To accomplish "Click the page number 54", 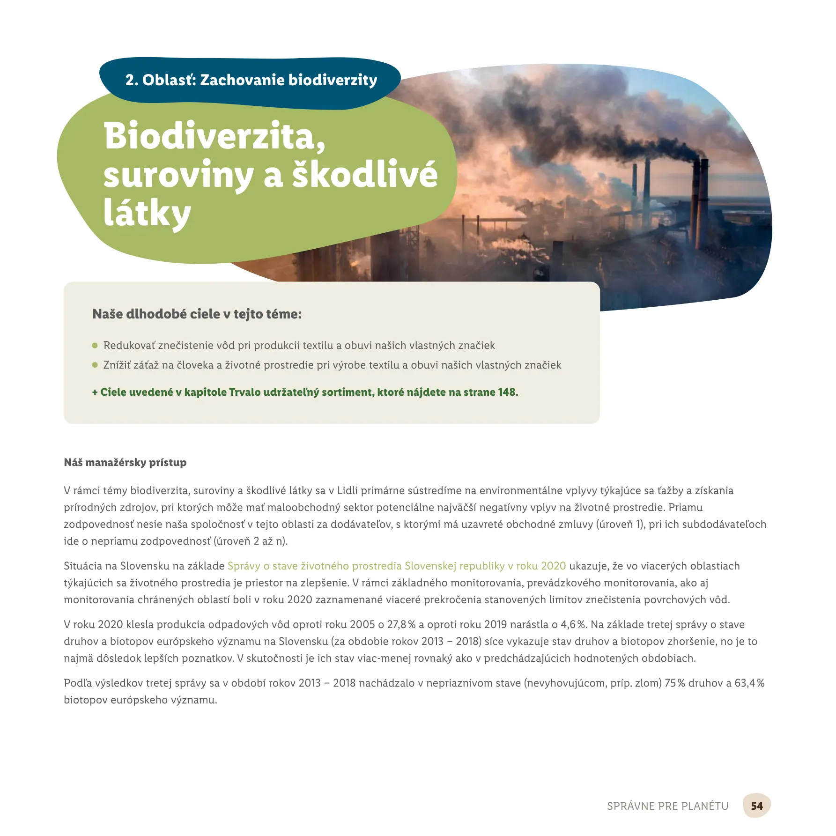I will [756, 806].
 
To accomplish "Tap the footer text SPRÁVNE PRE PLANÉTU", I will [667, 806].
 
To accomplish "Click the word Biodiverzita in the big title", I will [215, 136].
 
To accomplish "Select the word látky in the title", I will [147, 214].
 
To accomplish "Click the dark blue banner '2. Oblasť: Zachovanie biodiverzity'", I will [251, 80].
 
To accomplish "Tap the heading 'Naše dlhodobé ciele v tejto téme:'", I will [197, 314].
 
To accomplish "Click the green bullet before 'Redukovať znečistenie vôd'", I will [95, 346].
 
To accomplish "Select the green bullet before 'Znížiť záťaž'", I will [95, 365].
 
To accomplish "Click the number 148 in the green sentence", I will [507, 392].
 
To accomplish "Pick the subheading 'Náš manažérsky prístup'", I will [125, 462].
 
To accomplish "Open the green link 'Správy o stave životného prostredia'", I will [396, 566].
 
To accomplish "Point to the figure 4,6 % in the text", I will [573, 624].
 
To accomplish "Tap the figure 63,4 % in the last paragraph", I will [749, 683].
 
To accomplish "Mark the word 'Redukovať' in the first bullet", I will [129, 346].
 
